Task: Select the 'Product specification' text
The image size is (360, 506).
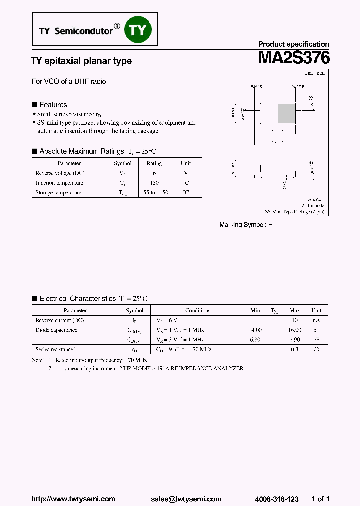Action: [x=293, y=44]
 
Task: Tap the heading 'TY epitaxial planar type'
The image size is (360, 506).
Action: [x=81, y=61]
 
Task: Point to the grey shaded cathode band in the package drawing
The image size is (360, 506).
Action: [x=286, y=114]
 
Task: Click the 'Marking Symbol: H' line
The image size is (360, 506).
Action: [x=246, y=225]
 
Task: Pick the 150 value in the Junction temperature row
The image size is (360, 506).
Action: [x=154, y=183]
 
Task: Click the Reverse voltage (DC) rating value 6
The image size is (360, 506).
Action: [x=154, y=173]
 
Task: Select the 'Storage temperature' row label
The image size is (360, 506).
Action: [x=58, y=192]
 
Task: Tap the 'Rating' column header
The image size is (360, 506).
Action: [x=154, y=163]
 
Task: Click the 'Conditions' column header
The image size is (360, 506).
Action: [x=198, y=310]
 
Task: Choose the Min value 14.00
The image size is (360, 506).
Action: [x=255, y=330]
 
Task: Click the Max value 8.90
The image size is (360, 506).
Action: [x=295, y=339]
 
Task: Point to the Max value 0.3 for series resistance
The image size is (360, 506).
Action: [x=294, y=349]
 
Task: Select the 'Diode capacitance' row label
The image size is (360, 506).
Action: [x=56, y=330]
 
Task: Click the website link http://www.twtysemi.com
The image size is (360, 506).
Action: [x=73, y=499]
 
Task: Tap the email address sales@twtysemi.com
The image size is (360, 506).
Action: [x=186, y=499]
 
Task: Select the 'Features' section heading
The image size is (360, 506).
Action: [x=53, y=105]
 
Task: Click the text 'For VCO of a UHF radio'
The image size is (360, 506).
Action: [x=69, y=81]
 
